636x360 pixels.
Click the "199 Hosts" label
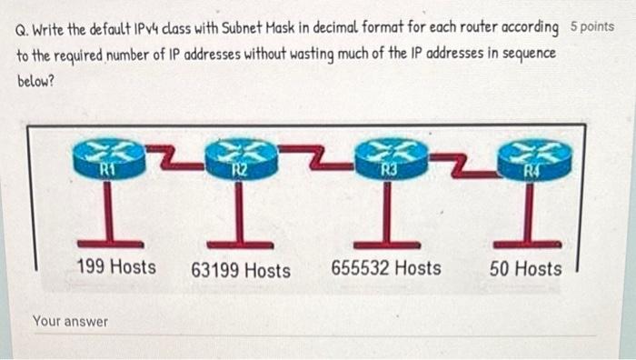(115, 267)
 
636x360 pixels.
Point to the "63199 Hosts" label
(241, 270)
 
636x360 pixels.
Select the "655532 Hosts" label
(386, 268)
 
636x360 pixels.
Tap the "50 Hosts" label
(525, 268)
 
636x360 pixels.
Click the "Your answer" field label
(70, 321)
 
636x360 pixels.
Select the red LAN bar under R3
(387, 244)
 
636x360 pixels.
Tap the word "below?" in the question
(36, 79)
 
